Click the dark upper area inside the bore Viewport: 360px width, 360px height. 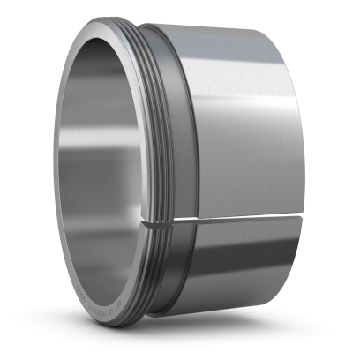tap(97, 88)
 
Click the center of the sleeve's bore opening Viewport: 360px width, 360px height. tap(101, 176)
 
